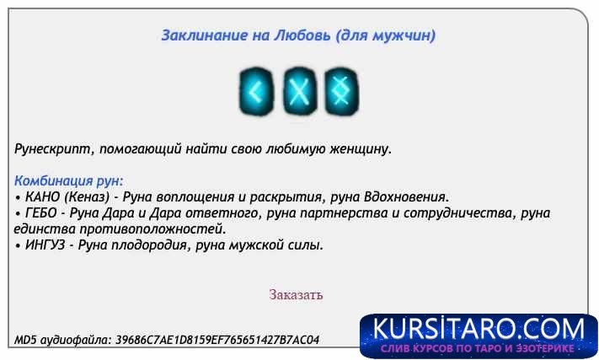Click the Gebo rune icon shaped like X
tap(297, 90)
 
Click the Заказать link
tap(296, 295)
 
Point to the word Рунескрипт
tap(53, 149)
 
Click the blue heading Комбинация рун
tap(69, 180)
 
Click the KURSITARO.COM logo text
tap(478, 328)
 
